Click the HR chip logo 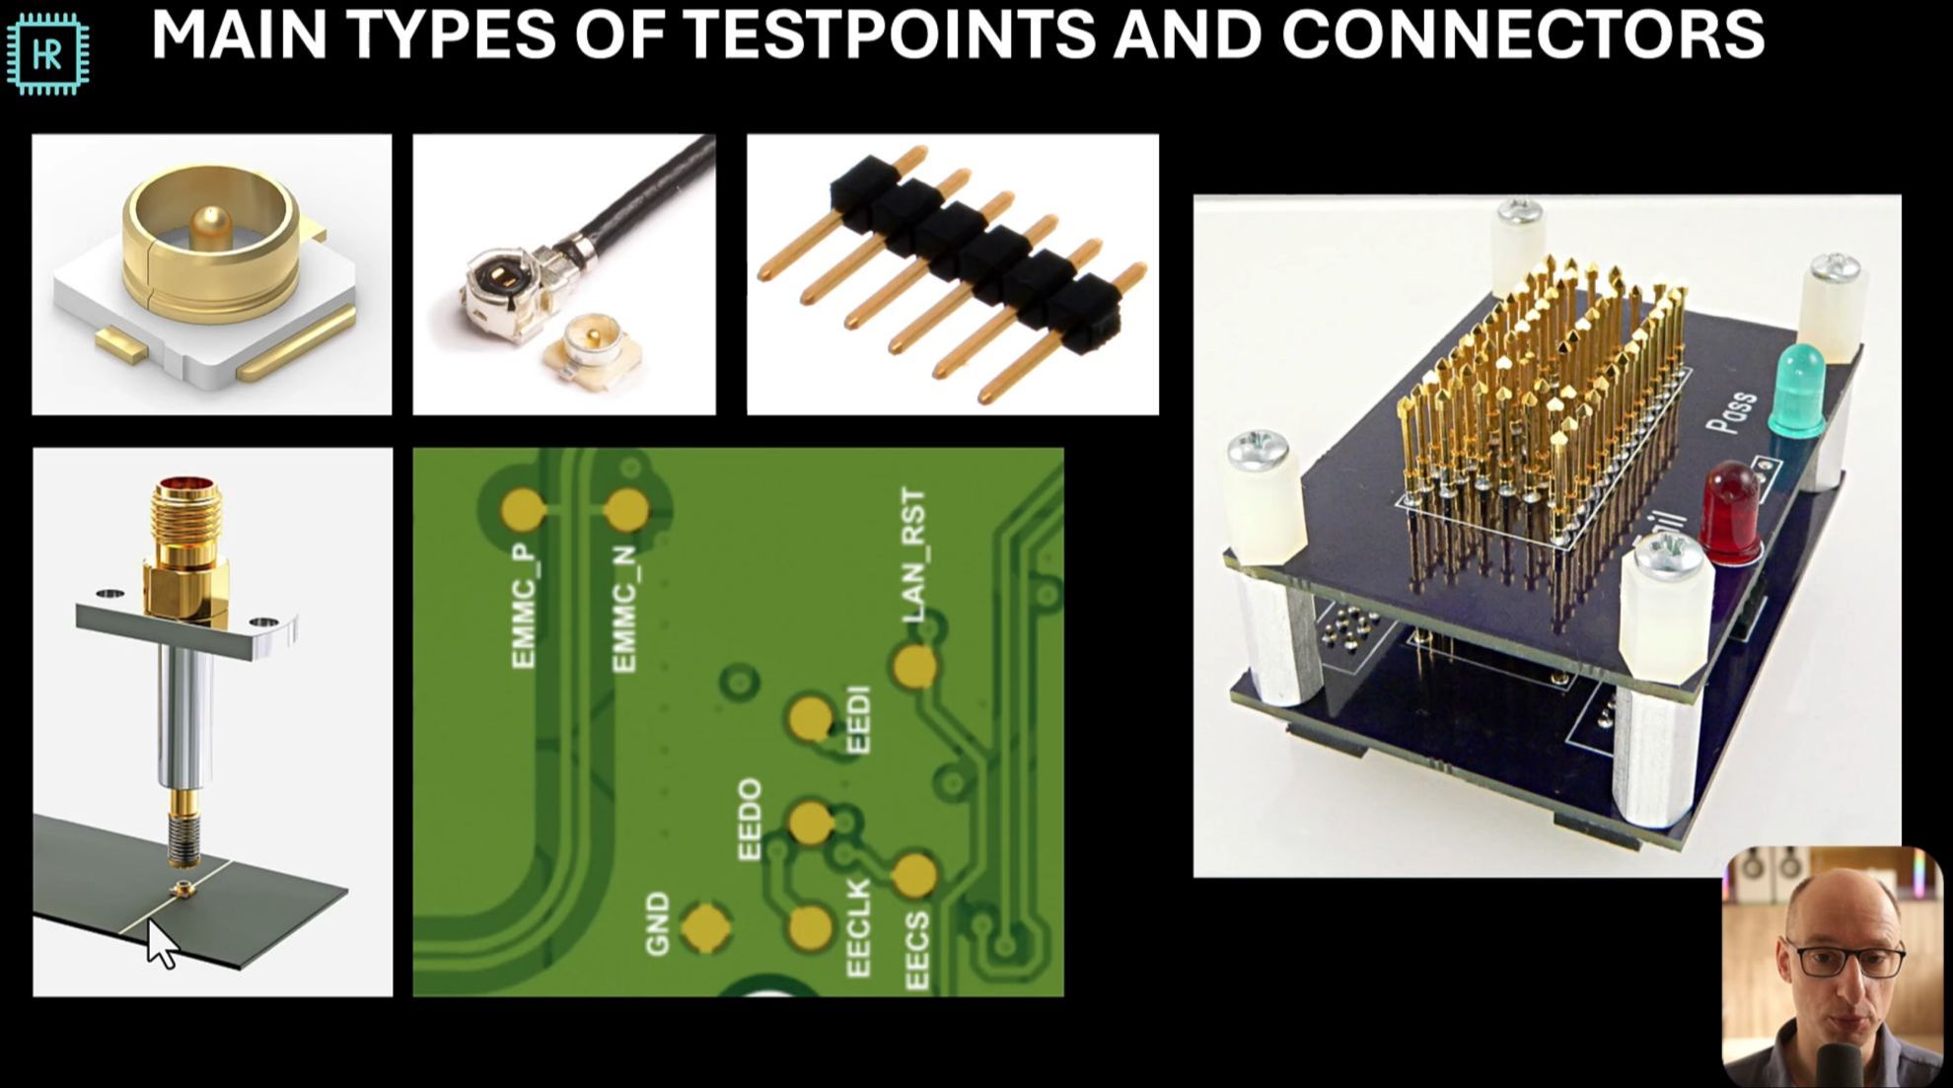pos(47,54)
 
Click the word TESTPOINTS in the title pos(888,35)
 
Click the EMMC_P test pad pos(523,510)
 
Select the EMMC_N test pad pos(626,510)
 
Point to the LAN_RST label pos(914,556)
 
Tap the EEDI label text pos(859,720)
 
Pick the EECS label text pos(916,951)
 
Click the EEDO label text pos(751,820)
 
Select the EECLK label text pos(859,928)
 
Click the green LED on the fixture pos(1798,390)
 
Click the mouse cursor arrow pos(162,944)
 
